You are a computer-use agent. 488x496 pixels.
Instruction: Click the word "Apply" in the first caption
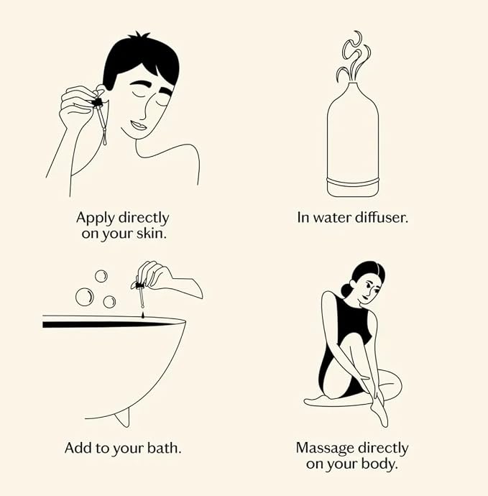[x=95, y=219]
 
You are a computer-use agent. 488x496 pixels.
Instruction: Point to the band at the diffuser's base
[x=353, y=181]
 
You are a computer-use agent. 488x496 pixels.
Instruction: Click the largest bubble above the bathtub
[x=84, y=297]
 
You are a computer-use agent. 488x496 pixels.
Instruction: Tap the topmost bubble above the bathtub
[x=101, y=276]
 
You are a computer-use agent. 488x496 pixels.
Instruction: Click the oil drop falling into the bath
[x=142, y=316]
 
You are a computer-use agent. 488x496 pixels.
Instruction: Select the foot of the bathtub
[x=123, y=417]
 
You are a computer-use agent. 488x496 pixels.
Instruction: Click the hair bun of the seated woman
[x=345, y=290]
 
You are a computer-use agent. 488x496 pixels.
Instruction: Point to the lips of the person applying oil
[x=138, y=125]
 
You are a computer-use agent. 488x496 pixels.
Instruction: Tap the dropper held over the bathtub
[x=140, y=294]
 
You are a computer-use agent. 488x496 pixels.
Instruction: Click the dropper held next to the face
[x=101, y=117]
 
